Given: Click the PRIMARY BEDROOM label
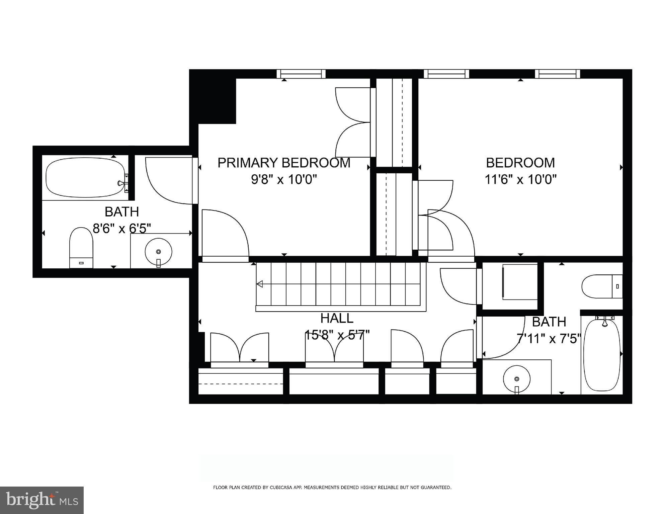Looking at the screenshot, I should (x=284, y=163).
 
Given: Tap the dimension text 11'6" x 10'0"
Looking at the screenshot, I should (x=520, y=180).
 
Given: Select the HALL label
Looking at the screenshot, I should (x=337, y=318).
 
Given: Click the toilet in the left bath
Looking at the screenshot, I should (x=81, y=248).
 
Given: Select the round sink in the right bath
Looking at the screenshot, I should (x=517, y=379).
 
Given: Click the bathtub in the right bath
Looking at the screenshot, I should (x=602, y=355).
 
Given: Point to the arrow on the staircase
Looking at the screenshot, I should (x=260, y=284).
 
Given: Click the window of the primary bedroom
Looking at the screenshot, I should (x=303, y=73).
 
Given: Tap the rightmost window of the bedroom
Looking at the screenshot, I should (x=557, y=73).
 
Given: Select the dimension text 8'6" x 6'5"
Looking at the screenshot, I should (x=122, y=229).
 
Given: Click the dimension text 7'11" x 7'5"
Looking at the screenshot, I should (x=549, y=339).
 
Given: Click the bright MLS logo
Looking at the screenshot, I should (x=41, y=500).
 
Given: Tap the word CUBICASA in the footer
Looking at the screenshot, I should (x=283, y=488).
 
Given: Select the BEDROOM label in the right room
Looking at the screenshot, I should (x=520, y=163).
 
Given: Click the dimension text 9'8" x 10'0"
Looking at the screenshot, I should (x=284, y=180).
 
